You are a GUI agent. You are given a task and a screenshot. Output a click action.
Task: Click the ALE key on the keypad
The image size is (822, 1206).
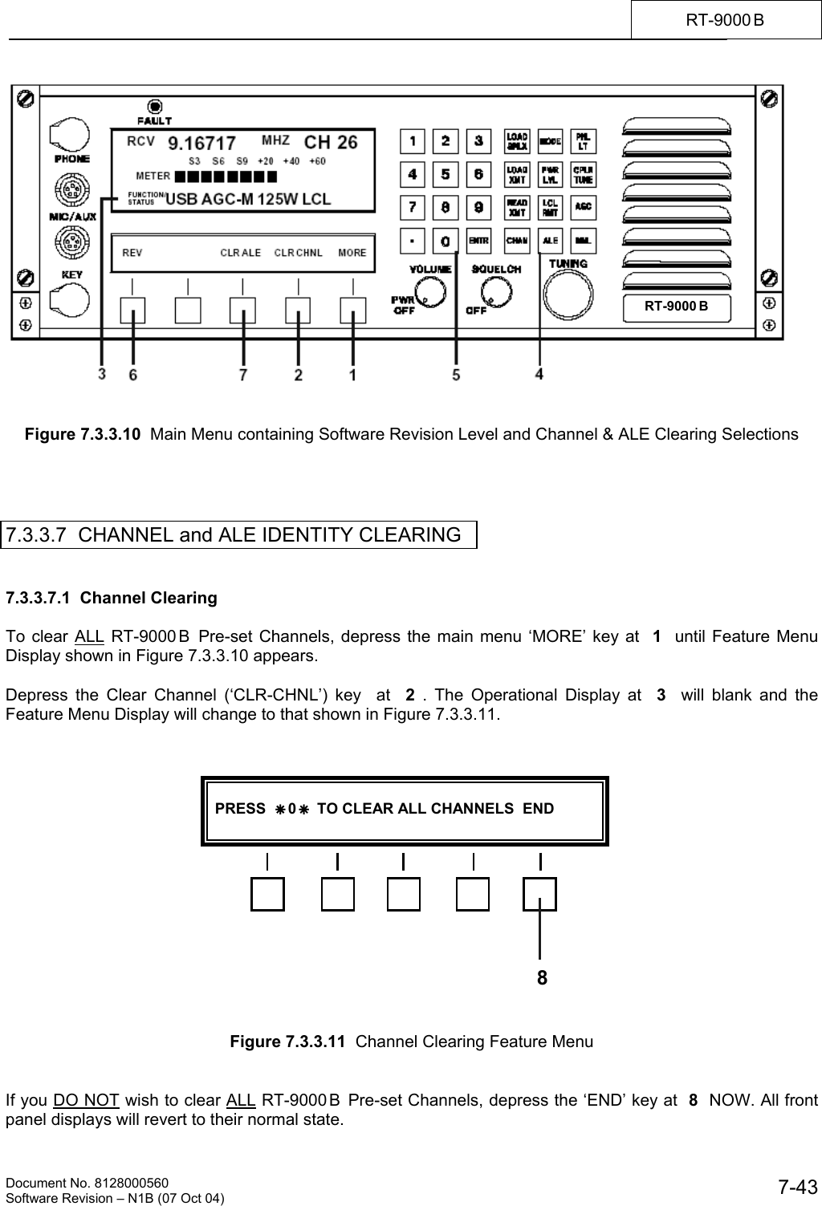[x=550, y=239]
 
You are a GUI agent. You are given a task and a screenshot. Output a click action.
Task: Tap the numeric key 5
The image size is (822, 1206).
[x=446, y=174]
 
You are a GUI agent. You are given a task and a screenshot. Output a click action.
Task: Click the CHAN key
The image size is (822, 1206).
[x=517, y=239]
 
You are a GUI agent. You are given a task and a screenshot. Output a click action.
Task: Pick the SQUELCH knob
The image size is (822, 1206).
[x=495, y=293]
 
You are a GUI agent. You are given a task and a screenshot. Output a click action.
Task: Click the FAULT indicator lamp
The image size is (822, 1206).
[x=154, y=106]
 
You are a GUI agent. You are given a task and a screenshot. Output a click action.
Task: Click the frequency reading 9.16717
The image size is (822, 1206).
[x=201, y=144]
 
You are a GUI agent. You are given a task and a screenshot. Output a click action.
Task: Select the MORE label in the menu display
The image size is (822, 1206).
[x=352, y=253]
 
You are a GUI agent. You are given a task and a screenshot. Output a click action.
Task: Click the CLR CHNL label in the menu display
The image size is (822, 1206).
[x=299, y=253]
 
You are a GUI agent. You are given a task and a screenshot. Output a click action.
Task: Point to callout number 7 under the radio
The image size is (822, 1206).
[x=243, y=374]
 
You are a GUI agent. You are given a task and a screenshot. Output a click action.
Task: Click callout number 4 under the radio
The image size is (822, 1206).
[x=539, y=374]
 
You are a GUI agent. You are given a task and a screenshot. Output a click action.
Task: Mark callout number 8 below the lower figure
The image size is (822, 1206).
[x=543, y=977]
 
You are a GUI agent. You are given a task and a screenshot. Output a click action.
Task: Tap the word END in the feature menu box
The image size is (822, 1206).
[x=538, y=808]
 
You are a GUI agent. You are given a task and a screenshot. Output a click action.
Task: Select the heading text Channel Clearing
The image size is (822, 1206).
[x=149, y=598]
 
